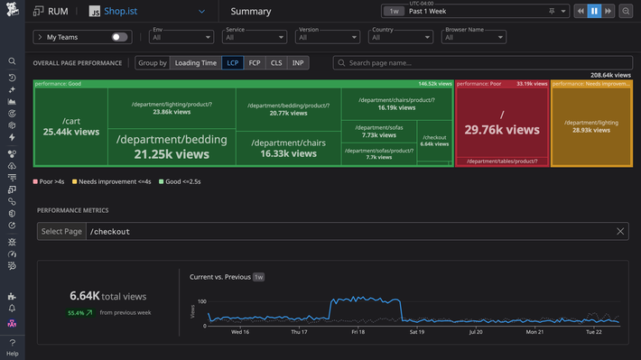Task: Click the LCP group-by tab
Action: coord(234,63)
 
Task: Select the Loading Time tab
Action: coord(196,63)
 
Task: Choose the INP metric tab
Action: coord(297,63)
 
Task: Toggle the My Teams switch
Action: coord(119,37)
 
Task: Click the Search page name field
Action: coord(483,63)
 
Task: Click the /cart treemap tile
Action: coord(70,126)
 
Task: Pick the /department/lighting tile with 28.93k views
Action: coord(591,126)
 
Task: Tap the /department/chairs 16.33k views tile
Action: coord(288,148)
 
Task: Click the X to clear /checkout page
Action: coord(620,232)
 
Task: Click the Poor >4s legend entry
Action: coord(51,181)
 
